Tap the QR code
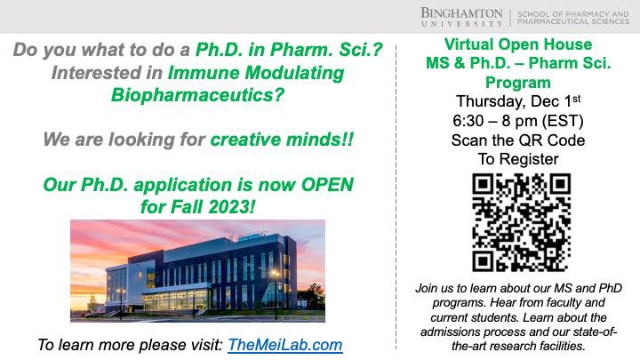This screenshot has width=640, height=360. coord(521,222)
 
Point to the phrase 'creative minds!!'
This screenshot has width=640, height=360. coord(281,140)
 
